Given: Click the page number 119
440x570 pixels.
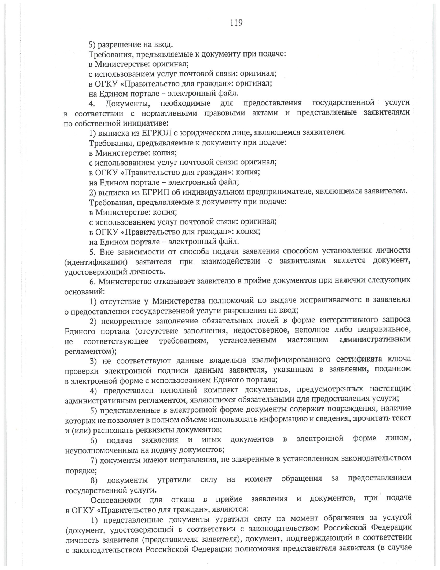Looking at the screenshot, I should coord(236,23).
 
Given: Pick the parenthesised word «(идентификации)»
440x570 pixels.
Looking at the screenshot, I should coord(96,262).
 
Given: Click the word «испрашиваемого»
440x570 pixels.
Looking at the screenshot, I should coord(330,301).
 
